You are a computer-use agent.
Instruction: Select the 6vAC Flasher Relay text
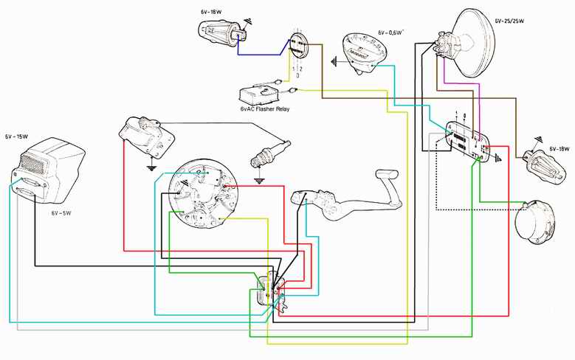pyautogui.click(x=265, y=109)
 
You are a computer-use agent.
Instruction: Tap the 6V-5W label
pyautogui.click(x=63, y=212)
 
